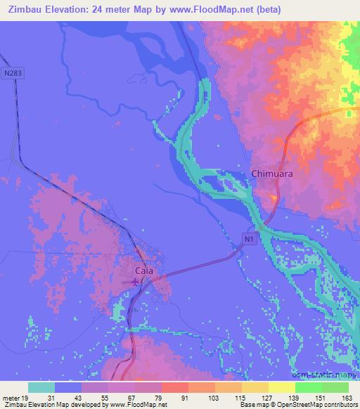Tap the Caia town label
click(144, 270)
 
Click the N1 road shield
click(249, 240)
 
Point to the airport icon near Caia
click(134, 283)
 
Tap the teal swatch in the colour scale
click(41, 387)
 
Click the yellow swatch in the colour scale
click(255, 387)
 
